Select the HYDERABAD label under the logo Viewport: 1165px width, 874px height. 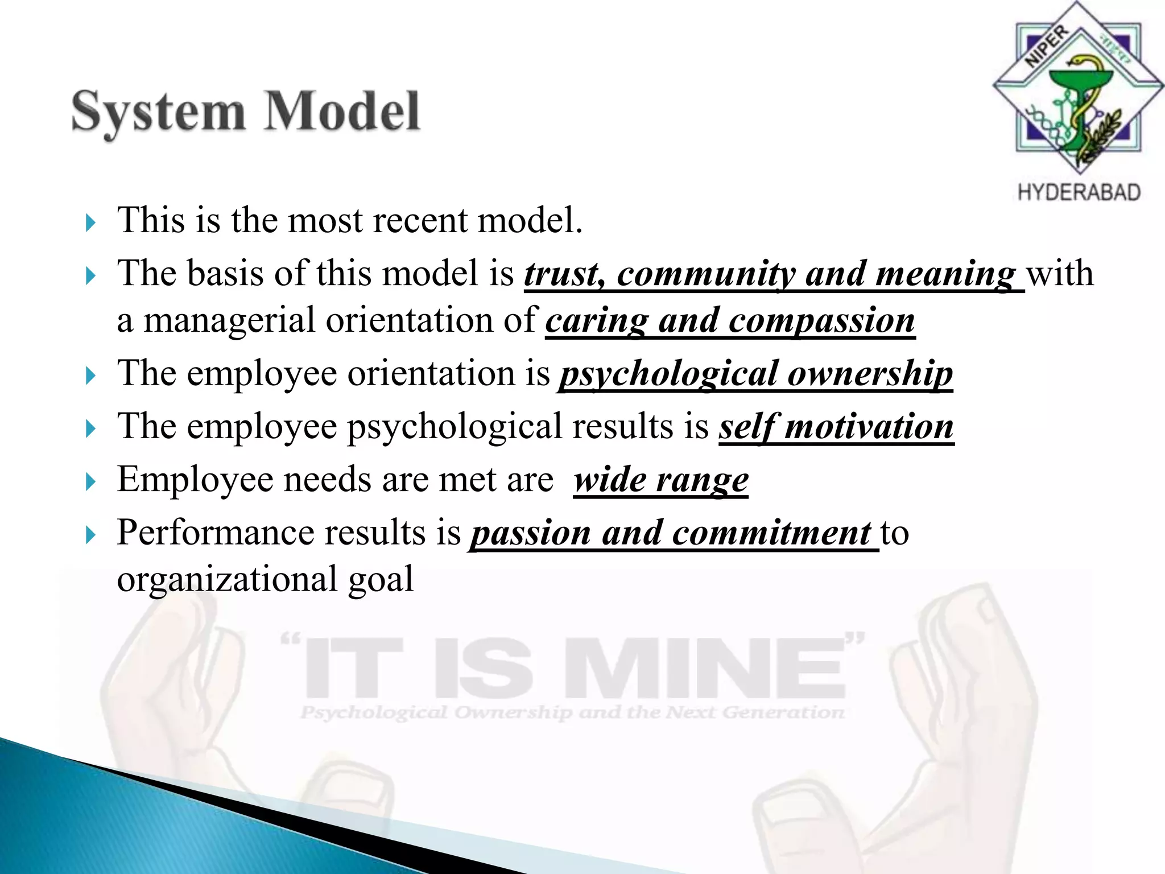(x=1079, y=192)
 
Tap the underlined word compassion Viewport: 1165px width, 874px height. (x=821, y=321)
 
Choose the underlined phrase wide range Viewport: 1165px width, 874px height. (x=660, y=480)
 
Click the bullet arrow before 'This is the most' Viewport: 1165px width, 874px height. (x=90, y=222)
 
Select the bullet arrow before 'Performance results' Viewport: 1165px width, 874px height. (x=90, y=535)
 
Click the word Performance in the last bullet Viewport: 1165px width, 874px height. (x=215, y=533)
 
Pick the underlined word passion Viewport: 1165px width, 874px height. (x=531, y=534)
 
